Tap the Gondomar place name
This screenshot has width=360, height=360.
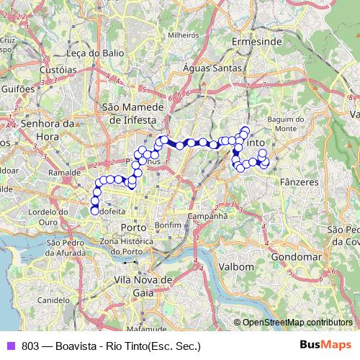pos(295,256)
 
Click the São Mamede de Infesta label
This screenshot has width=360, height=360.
pos(135,112)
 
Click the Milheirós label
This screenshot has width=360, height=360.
pos(183,34)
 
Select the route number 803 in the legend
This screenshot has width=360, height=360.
pos(30,346)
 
